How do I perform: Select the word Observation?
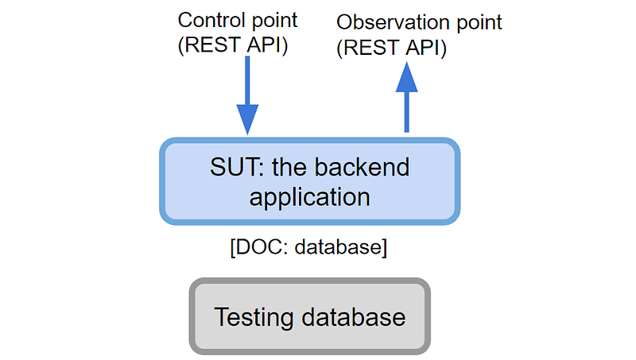click(394, 22)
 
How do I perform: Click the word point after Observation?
click(479, 24)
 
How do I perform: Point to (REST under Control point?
click(209, 45)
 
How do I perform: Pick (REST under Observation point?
click(368, 48)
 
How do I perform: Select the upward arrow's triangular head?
click(407, 77)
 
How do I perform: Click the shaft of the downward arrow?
click(247, 80)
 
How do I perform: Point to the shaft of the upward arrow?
click(407, 112)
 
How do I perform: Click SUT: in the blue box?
click(234, 167)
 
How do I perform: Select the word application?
click(309, 197)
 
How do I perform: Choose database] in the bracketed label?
click(341, 247)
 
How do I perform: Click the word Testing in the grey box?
click(254, 317)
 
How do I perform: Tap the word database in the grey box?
click(353, 316)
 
